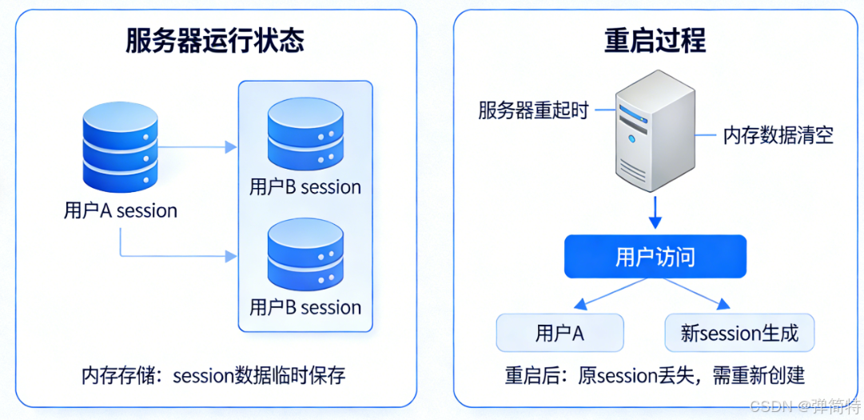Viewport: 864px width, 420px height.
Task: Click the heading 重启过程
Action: coord(655,41)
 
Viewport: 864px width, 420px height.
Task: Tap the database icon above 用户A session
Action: coord(120,146)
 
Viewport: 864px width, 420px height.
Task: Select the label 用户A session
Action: coord(120,211)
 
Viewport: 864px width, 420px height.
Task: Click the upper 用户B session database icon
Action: coord(305,132)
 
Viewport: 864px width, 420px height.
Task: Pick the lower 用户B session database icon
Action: coord(305,254)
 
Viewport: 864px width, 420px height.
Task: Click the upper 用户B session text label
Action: coord(305,187)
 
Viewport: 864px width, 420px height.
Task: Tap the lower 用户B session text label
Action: coord(305,307)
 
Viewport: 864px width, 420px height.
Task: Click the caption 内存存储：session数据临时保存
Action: coord(213,375)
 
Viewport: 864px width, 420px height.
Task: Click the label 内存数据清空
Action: coord(778,135)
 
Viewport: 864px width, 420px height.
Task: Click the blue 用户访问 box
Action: coord(655,257)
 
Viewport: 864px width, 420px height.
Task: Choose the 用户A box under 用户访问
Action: coord(559,333)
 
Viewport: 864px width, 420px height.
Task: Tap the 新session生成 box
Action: coord(739,333)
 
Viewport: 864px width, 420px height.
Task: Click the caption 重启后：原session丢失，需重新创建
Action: coord(655,375)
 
